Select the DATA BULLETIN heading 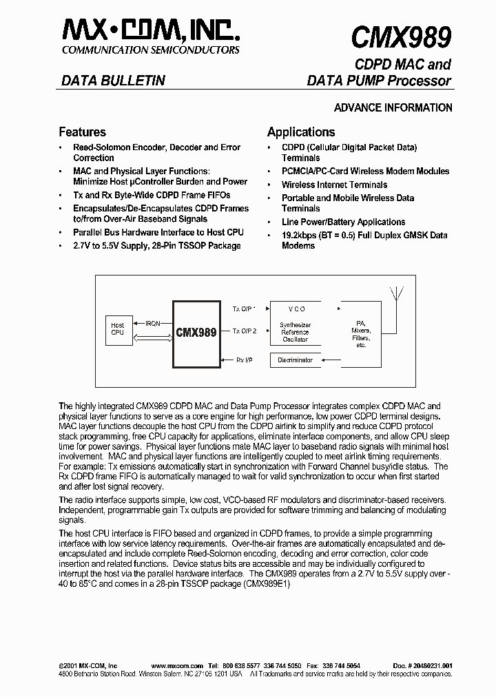pyautogui.click(x=113, y=81)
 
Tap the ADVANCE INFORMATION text pyautogui.click(x=393, y=107)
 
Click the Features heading pyautogui.click(x=82, y=132)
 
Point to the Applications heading pyautogui.click(x=301, y=132)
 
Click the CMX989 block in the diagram pyautogui.click(x=196, y=331)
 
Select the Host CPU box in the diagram pyautogui.click(x=118, y=330)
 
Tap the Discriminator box pyautogui.click(x=295, y=360)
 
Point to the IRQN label pyautogui.click(x=153, y=322)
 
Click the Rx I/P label pyautogui.click(x=245, y=360)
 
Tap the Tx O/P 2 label pyautogui.click(x=245, y=331)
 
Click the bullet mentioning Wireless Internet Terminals pyautogui.click(x=334, y=185)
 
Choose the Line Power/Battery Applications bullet pyautogui.click(x=343, y=222)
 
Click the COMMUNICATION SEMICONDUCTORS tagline pyautogui.click(x=151, y=50)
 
